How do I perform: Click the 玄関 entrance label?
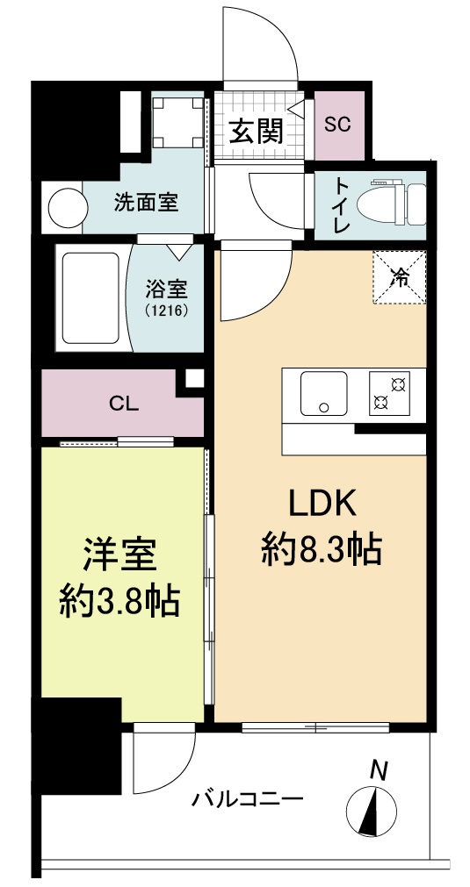point(257,132)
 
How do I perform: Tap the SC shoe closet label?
point(337,124)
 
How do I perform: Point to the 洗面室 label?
point(146,204)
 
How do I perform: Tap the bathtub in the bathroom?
point(88,297)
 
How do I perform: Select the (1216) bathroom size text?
point(166,310)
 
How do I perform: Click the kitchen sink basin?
point(323,392)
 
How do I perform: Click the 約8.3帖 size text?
point(321,550)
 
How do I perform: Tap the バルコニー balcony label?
point(248,799)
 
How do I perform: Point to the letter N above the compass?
point(379,770)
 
